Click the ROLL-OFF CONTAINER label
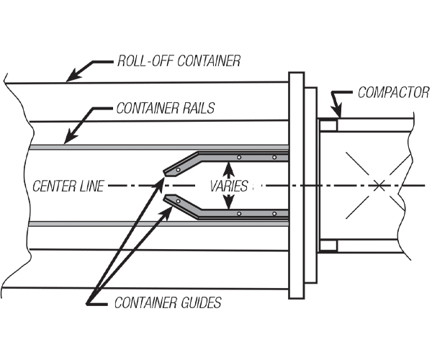click(x=179, y=62)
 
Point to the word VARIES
click(x=230, y=186)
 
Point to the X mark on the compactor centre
click(x=379, y=186)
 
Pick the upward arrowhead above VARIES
click(x=230, y=165)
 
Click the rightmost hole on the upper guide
click(x=274, y=157)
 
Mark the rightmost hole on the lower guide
click(x=274, y=213)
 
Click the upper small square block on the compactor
click(x=328, y=125)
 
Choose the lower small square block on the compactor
click(x=328, y=246)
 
